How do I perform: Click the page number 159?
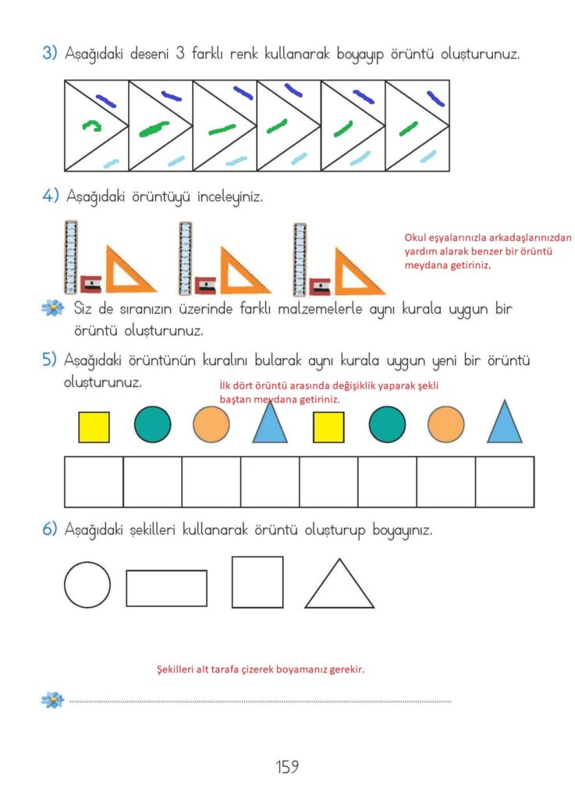tap(287, 766)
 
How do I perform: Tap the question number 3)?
tap(49, 53)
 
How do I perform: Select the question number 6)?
tap(49, 529)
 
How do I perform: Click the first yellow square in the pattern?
tap(94, 427)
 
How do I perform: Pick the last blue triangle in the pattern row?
tap(504, 421)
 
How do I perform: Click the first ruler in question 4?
tap(71, 257)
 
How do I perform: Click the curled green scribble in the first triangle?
tap(92, 125)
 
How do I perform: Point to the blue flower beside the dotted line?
tap(52, 700)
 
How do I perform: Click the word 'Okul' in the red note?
tap(415, 237)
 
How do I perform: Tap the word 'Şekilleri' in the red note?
tap(176, 669)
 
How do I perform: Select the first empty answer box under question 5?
tap(94, 482)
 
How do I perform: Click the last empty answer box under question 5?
tap(505, 482)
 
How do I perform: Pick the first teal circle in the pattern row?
tap(152, 424)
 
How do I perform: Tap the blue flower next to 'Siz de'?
tap(52, 307)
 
